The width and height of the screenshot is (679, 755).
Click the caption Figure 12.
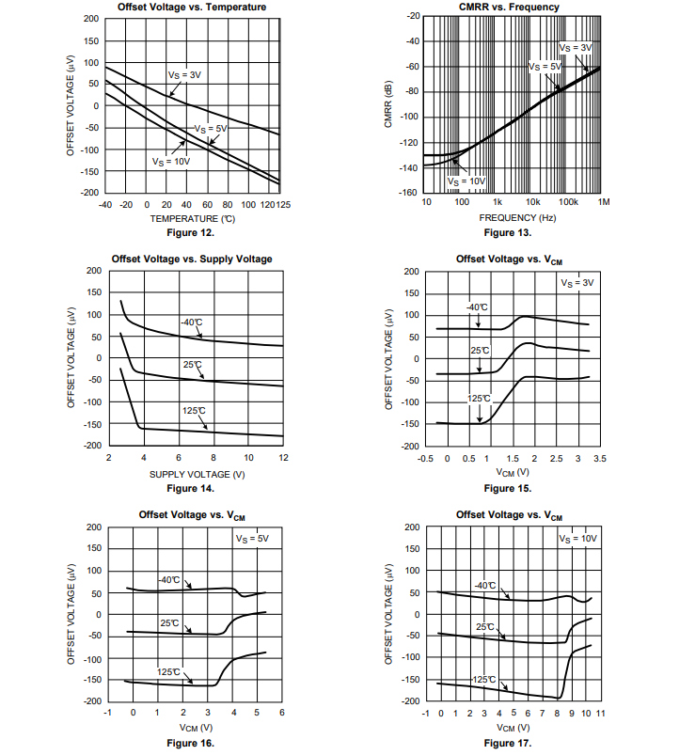tap(191, 232)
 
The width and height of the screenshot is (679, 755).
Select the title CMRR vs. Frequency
tap(509, 7)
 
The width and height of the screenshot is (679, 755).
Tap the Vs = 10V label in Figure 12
tap(172, 161)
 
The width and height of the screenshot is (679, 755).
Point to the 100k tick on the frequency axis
tap(567, 202)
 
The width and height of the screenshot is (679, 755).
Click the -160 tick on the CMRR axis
tap(409, 193)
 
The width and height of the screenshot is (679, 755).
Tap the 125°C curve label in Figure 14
tap(194, 411)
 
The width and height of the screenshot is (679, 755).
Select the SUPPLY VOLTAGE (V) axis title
tap(197, 474)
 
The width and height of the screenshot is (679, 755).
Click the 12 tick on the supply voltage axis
tap(283, 458)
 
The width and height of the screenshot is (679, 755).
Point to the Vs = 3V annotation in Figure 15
tap(576, 282)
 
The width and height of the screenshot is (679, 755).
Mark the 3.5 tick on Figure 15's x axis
tap(600, 459)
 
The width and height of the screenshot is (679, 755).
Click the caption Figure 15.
tap(508, 489)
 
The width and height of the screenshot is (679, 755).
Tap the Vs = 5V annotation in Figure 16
tap(251, 539)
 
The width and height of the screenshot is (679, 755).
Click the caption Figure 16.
tap(191, 744)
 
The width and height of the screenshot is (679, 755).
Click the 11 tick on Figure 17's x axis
tap(599, 715)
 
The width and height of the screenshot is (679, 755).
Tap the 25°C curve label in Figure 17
tap(485, 626)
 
